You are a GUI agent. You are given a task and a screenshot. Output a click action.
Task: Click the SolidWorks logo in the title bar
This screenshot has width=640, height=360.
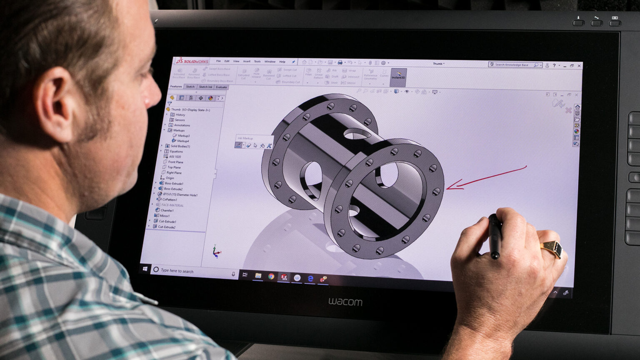192,61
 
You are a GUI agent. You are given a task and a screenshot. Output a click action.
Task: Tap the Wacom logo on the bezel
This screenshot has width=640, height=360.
345,302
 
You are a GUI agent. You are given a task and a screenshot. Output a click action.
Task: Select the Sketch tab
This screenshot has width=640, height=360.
190,87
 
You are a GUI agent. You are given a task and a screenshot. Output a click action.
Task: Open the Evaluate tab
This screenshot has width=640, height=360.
221,87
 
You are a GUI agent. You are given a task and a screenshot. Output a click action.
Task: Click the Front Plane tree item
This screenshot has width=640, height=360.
175,162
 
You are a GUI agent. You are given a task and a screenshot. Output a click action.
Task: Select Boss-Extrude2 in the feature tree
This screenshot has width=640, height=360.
173,189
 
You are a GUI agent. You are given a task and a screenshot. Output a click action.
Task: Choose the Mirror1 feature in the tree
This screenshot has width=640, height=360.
164,216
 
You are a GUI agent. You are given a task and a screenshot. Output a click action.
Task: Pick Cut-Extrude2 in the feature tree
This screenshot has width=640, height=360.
167,227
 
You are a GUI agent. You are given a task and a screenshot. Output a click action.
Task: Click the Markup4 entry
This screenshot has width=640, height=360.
183,141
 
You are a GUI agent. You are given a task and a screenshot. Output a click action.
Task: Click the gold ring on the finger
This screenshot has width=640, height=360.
552,249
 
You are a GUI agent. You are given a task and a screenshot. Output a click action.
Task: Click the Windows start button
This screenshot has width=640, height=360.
145,269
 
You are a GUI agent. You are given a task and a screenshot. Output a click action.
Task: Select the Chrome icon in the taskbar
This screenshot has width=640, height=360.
271,276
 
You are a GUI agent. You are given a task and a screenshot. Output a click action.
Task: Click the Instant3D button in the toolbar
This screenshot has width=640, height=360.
398,75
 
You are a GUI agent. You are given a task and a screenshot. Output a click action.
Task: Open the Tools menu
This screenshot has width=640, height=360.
257,61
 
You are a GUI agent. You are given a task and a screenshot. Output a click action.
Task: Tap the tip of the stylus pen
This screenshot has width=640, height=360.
495,257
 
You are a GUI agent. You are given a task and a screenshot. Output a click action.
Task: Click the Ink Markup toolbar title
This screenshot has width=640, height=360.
245,138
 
